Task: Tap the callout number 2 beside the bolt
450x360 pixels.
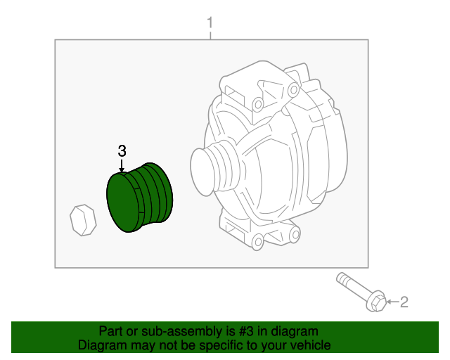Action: point(404,302)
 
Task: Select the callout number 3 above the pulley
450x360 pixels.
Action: point(122,150)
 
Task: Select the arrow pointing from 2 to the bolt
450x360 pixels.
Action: point(392,303)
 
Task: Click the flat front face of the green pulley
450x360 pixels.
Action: point(123,204)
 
